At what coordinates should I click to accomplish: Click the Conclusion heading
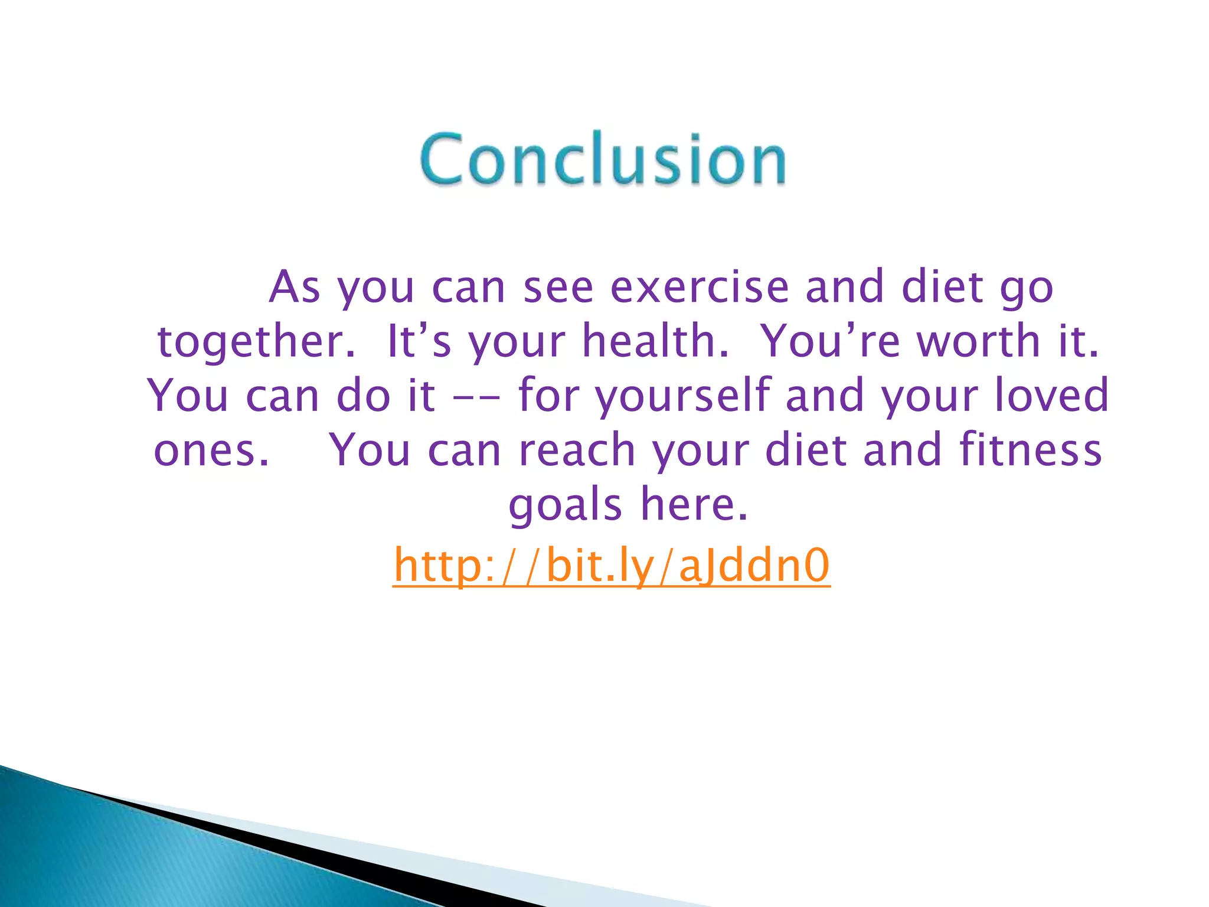point(603,158)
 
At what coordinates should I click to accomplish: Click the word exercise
point(700,288)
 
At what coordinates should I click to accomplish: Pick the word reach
point(576,450)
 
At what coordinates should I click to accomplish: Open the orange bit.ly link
point(612,566)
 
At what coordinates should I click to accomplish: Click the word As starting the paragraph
point(295,288)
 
